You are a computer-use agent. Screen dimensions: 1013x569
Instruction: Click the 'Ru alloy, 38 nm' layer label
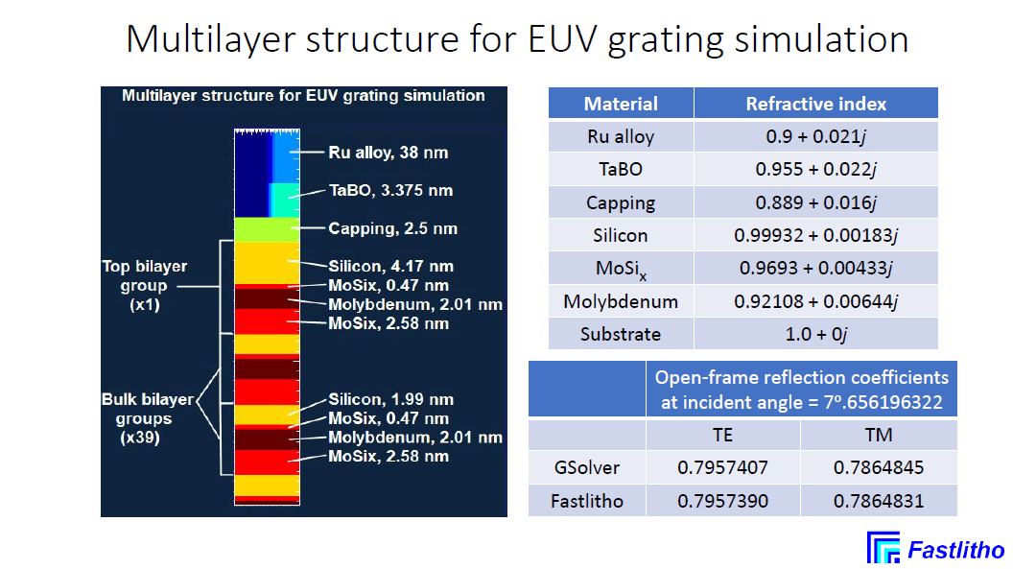pos(388,154)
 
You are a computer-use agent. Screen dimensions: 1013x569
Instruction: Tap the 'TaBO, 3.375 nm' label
pos(390,191)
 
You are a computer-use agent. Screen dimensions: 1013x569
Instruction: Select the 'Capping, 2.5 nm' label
pos(392,228)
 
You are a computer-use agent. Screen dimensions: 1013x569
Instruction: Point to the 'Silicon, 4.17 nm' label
pos(390,266)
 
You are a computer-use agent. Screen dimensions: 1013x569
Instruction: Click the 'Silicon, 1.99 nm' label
pos(390,399)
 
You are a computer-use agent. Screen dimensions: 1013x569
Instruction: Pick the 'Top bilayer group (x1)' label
pos(145,285)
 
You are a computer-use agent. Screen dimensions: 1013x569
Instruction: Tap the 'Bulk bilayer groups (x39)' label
pos(148,417)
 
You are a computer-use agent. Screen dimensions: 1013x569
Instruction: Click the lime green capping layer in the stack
pos(267,229)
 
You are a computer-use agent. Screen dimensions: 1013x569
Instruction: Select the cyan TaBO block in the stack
pos(284,200)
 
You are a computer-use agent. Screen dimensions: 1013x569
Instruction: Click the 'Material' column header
pos(621,104)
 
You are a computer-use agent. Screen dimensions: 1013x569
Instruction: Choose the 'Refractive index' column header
pos(816,104)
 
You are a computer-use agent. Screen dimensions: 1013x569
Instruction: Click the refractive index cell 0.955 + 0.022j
pos(816,169)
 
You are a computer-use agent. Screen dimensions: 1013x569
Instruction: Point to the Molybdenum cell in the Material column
pos(621,301)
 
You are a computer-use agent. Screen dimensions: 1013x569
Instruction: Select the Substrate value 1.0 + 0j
pos(816,334)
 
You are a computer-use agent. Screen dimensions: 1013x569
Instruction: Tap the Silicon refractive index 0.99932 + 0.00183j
pos(816,235)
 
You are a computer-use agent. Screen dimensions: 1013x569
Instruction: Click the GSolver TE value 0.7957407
pos(722,467)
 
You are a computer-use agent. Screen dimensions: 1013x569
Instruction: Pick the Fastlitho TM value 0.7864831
pos(879,501)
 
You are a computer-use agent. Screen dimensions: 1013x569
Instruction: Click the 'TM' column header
pos(879,435)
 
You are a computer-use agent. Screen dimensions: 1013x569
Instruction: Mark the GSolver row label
pos(587,467)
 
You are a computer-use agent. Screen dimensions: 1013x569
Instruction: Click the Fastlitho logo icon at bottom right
pos(883,548)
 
